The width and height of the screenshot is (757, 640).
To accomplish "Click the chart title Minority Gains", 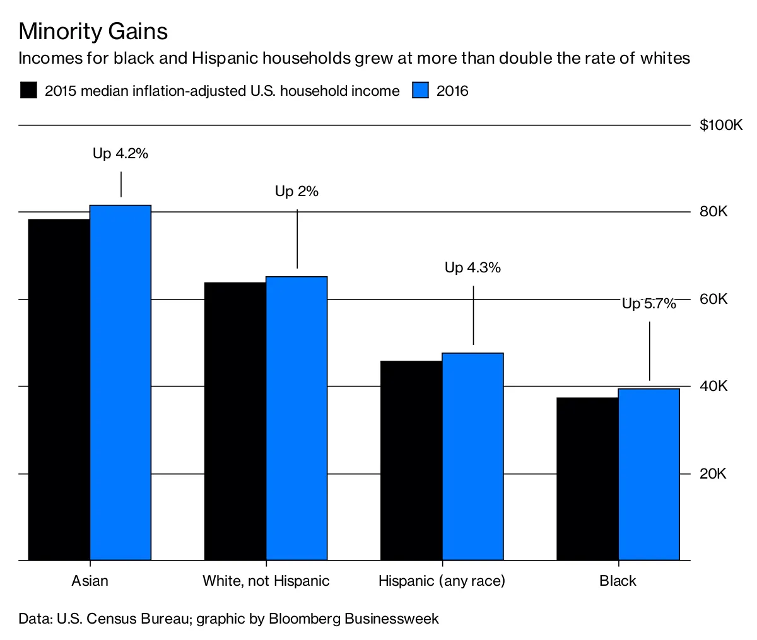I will [93, 31].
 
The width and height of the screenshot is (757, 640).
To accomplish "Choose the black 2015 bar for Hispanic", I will [411, 460].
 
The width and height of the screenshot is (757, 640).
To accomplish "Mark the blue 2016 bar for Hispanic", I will [472, 457].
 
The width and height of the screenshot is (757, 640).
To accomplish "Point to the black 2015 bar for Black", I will [587, 479].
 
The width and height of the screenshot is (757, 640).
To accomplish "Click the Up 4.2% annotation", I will [120, 153].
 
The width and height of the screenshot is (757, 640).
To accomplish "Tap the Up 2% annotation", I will [296, 192].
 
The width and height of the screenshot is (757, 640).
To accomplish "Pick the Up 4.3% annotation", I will [472, 268].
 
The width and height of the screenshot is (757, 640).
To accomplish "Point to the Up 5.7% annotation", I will [648, 304].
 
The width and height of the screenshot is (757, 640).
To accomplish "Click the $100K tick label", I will [721, 125].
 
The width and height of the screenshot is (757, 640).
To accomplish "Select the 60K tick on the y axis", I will [713, 299].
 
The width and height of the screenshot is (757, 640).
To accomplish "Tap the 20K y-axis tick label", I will [713, 474].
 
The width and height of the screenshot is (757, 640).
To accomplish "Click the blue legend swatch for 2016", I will [421, 90].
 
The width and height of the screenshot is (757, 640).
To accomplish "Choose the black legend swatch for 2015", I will [28, 90].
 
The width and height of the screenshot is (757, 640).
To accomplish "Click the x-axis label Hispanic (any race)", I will [442, 581].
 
